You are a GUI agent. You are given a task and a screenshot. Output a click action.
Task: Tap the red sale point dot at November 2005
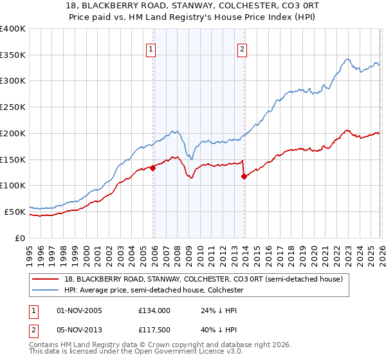[153, 168]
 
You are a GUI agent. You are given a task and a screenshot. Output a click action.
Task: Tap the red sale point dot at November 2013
[244, 176]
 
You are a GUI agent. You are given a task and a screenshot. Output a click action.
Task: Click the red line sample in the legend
[46, 279]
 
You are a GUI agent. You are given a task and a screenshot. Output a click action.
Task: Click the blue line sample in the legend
[46, 291]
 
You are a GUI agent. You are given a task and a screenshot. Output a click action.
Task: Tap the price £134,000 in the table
[154, 310]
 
